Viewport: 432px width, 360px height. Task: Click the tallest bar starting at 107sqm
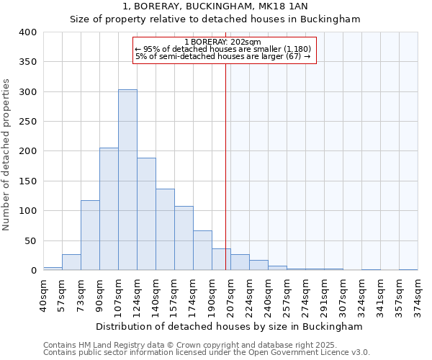click(127, 180)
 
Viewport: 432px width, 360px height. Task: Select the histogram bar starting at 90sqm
click(109, 209)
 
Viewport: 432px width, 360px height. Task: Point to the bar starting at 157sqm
click(184, 238)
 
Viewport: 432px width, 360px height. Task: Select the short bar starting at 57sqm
click(71, 263)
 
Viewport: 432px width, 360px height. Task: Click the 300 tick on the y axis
click(27, 92)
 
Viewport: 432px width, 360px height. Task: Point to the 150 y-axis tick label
click(27, 181)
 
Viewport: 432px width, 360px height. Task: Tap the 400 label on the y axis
click(27, 32)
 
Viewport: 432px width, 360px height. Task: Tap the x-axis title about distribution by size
click(229, 327)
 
